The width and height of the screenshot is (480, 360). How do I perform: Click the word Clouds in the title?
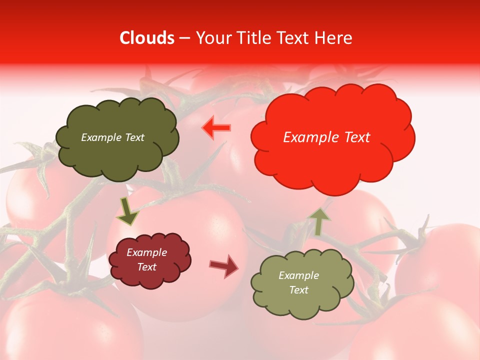[x=147, y=38]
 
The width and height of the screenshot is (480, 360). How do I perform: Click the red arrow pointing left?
[x=216, y=128]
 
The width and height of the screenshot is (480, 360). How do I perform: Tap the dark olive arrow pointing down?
[x=127, y=211]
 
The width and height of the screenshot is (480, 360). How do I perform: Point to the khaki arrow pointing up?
[x=318, y=221]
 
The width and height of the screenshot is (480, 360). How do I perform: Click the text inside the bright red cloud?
[x=326, y=137]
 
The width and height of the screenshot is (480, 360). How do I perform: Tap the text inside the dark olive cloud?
[x=112, y=137]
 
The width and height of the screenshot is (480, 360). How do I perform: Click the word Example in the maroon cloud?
[x=146, y=252]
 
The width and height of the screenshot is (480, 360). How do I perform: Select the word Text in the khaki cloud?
[x=299, y=290]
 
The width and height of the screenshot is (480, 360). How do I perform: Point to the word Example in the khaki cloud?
[x=298, y=275]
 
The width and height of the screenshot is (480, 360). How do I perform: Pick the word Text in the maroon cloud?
[x=146, y=267]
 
